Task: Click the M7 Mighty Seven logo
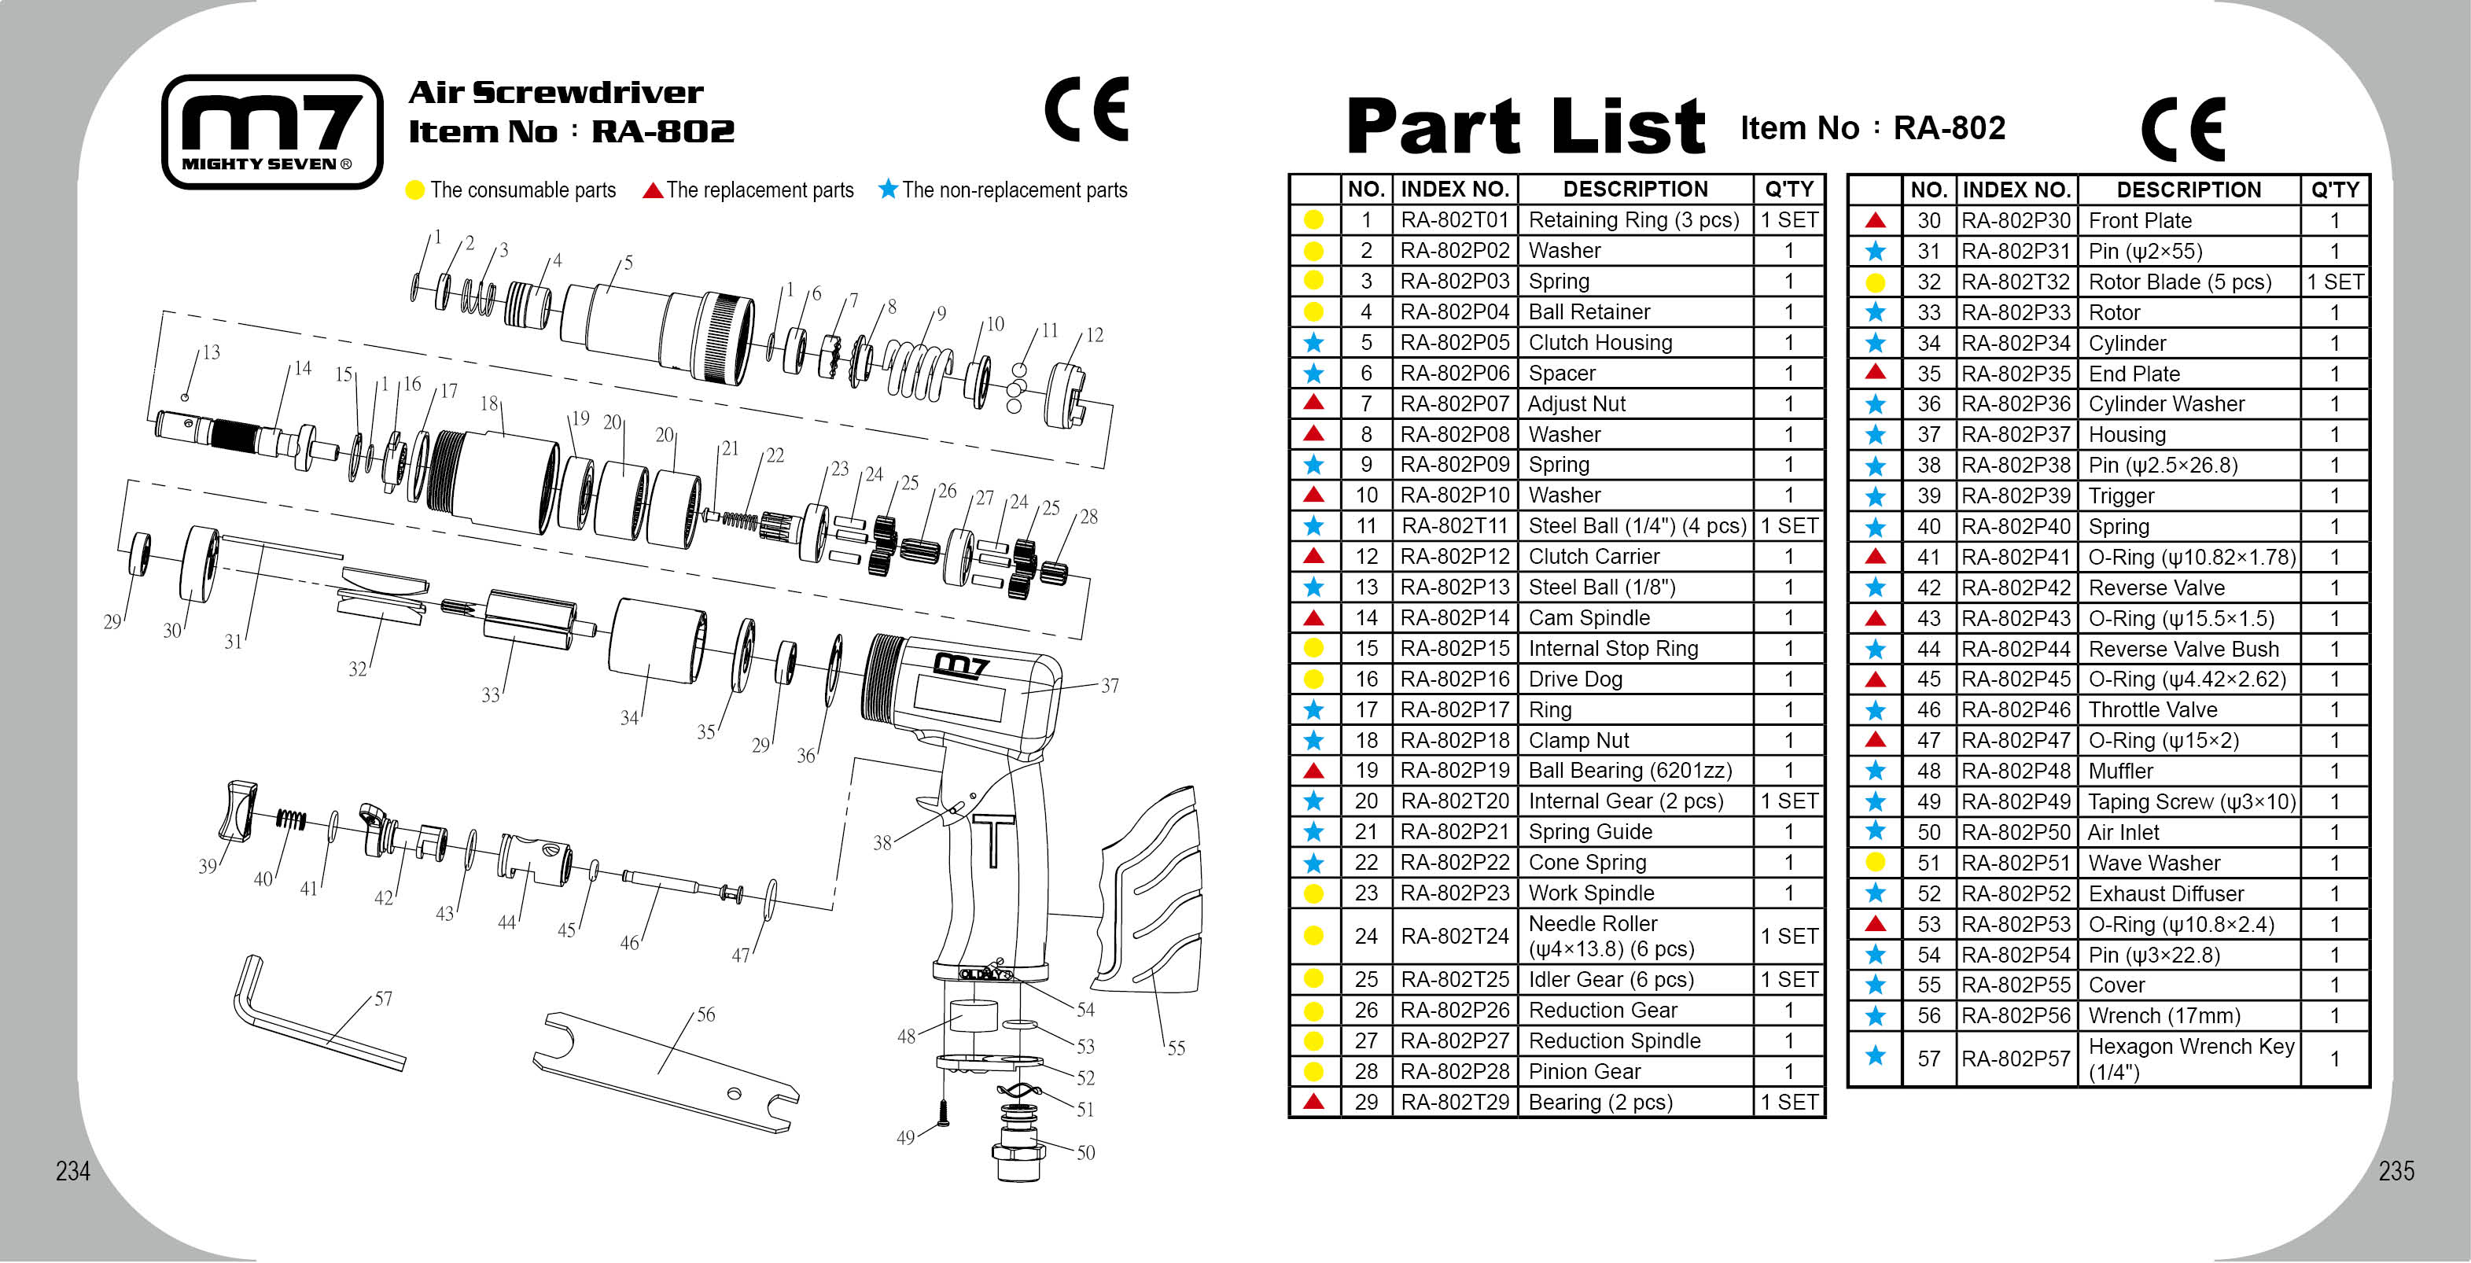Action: coord(271,131)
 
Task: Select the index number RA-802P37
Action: coord(2016,434)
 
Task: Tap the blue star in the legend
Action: coord(888,189)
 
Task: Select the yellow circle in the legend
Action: coord(414,190)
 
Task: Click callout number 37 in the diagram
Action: coord(1109,686)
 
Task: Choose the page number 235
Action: coord(2396,1171)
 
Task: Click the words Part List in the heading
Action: coord(1525,127)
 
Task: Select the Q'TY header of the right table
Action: coord(2334,190)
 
